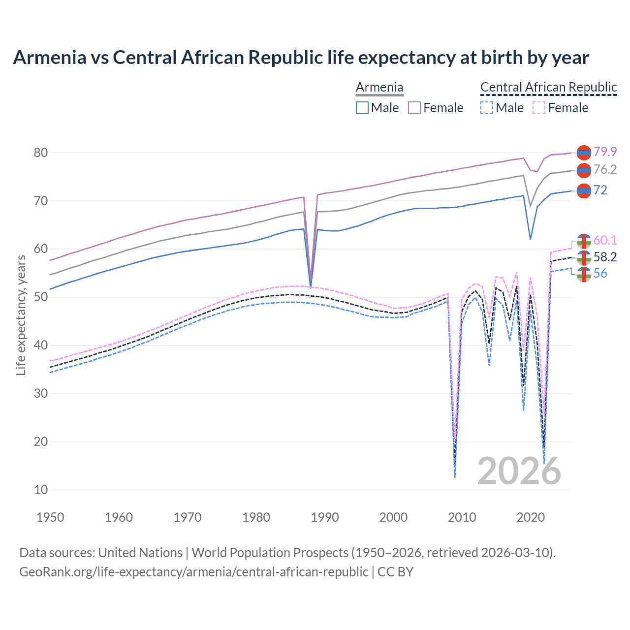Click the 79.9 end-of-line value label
click(605, 152)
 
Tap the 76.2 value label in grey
click(605, 170)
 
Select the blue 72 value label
click(600, 190)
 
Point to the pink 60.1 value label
click(605, 240)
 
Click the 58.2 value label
click(605, 257)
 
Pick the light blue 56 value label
click(600, 274)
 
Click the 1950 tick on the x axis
click(50, 517)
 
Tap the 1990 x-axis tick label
click(325, 517)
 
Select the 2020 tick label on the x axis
click(531, 517)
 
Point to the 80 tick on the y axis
click(41, 153)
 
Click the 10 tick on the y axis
click(41, 490)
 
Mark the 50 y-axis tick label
click(41, 297)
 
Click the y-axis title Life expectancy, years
click(21, 315)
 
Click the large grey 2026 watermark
click(519, 471)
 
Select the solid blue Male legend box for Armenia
click(362, 108)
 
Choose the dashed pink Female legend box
click(539, 108)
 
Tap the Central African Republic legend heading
click(548, 87)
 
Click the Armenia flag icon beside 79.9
click(584, 153)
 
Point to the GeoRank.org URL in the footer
click(193, 572)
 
